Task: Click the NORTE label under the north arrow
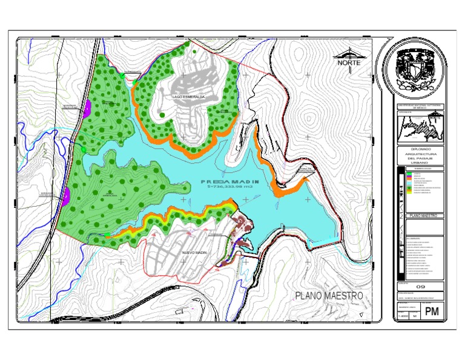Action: [349, 63]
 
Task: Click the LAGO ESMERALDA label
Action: [188, 97]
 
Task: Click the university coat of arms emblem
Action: [417, 70]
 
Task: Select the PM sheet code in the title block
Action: [431, 312]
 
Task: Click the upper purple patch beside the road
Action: [87, 108]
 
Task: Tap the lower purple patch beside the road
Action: [66, 196]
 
